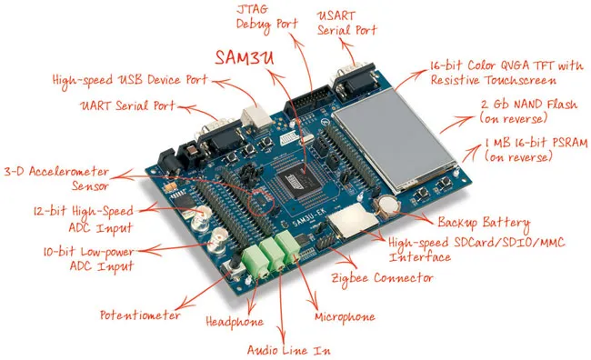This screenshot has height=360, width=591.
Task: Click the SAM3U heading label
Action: click(x=245, y=57)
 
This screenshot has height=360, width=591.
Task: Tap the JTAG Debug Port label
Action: click(x=266, y=17)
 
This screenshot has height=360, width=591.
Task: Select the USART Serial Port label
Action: click(x=346, y=24)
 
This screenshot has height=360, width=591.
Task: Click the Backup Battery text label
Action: click(x=484, y=223)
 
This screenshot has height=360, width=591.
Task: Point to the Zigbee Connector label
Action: click(x=382, y=279)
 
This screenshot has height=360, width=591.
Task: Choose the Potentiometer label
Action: click(x=140, y=315)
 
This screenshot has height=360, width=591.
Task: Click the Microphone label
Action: click(x=345, y=317)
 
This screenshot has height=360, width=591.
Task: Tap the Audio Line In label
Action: click(x=289, y=350)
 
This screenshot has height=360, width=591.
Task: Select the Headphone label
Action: click(x=235, y=322)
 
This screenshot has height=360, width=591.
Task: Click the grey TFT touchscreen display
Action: click(x=395, y=138)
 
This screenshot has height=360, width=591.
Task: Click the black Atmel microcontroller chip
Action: click(x=302, y=181)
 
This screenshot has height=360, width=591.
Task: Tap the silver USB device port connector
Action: click(x=255, y=117)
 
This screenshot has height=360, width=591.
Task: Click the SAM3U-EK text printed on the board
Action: click(x=309, y=218)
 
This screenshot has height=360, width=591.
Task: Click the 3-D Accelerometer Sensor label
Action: click(x=56, y=179)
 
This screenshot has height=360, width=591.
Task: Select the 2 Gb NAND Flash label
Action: click(x=528, y=112)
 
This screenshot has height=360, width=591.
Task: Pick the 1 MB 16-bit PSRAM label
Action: click(x=536, y=149)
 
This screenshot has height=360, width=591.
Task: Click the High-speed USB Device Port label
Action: click(x=130, y=80)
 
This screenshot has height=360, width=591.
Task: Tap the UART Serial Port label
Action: click(x=127, y=105)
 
